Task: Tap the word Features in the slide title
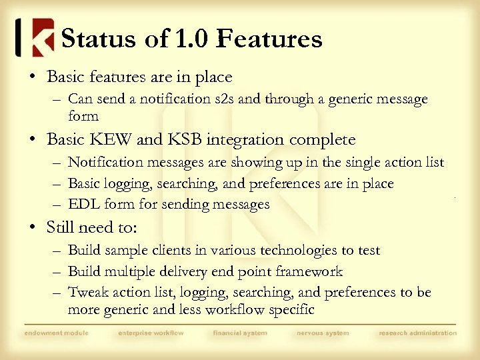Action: click(x=269, y=39)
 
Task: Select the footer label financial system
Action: click(x=240, y=333)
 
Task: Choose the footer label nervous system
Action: click(x=323, y=333)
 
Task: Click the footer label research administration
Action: click(x=417, y=333)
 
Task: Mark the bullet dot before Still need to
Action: click(x=33, y=228)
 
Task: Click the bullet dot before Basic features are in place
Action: click(x=33, y=77)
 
